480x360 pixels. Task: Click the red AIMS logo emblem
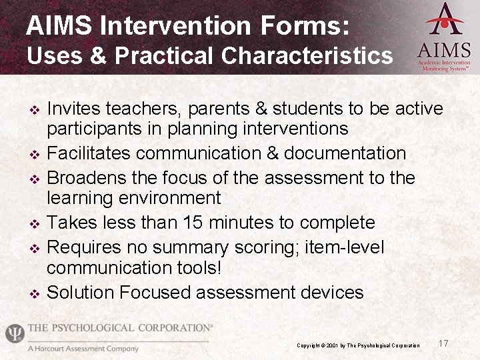tap(445, 20)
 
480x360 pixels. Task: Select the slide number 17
tap(443, 343)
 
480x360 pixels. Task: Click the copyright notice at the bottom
tap(358, 345)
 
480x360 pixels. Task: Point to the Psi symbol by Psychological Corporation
tap(14, 333)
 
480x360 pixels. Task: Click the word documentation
tap(345, 153)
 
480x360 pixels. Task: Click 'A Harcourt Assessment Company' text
tap(83, 349)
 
